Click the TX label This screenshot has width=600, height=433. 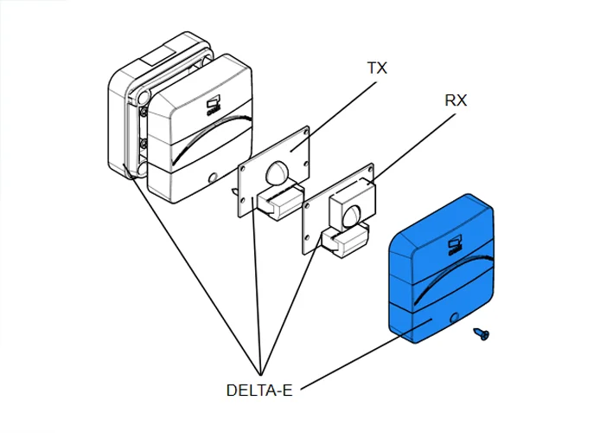point(377,68)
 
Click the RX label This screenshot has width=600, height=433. point(456,100)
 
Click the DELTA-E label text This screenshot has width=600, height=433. point(259,390)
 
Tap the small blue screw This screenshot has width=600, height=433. point(480,333)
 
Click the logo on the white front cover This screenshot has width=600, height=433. point(214,107)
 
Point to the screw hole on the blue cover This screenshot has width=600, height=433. point(454,319)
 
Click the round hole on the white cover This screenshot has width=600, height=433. point(213,178)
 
